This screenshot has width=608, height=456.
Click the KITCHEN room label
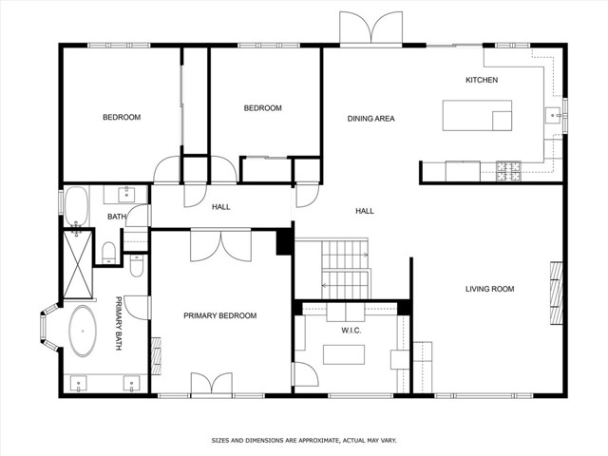[481, 80]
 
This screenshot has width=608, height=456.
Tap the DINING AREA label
[370, 119]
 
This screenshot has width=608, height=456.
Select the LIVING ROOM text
[489, 289]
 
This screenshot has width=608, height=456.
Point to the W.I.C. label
[352, 331]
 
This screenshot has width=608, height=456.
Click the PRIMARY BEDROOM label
[219, 315]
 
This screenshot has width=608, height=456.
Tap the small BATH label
[116, 217]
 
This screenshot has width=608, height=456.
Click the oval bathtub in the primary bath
[84, 331]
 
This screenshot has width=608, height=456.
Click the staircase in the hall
[344, 268]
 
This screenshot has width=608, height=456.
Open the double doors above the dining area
[372, 30]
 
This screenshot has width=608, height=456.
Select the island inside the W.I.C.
[345, 354]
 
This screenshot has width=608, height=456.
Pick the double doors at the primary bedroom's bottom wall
[211, 384]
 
